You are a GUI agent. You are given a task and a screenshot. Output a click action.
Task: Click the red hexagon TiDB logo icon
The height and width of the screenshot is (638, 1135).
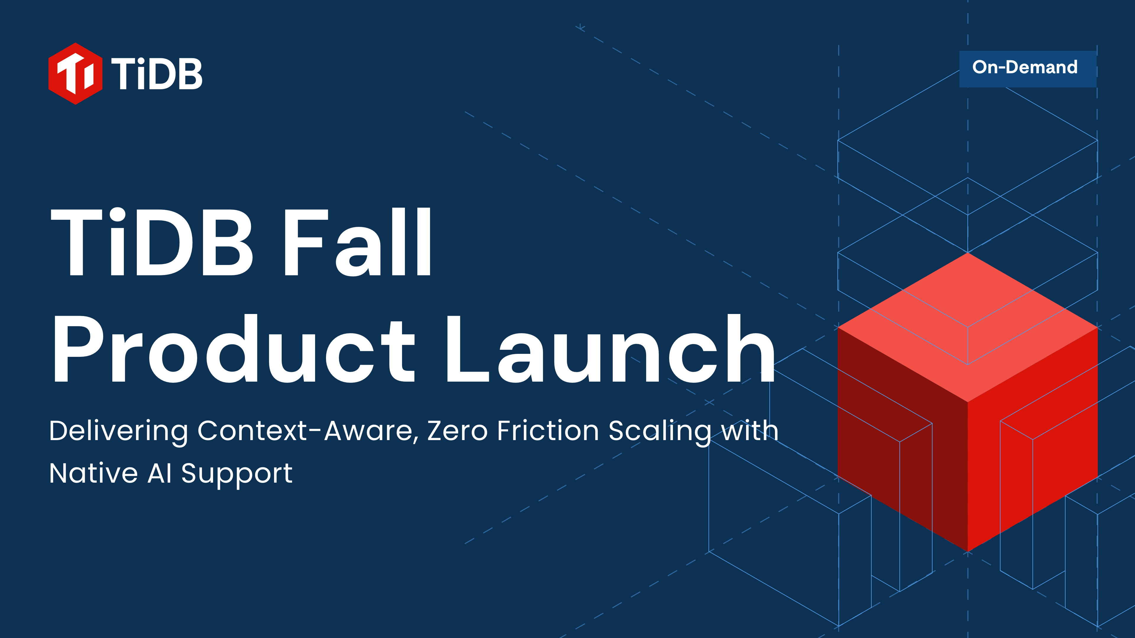point(75,74)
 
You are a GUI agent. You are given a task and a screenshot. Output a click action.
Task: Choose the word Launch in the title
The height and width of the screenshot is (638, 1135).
point(610,348)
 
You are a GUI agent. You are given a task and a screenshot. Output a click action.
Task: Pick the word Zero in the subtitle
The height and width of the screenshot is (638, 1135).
point(457,431)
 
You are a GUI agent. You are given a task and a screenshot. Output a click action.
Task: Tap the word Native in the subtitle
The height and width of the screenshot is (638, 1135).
point(93,473)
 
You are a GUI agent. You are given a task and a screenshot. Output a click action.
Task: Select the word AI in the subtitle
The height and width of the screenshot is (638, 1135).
point(160,473)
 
